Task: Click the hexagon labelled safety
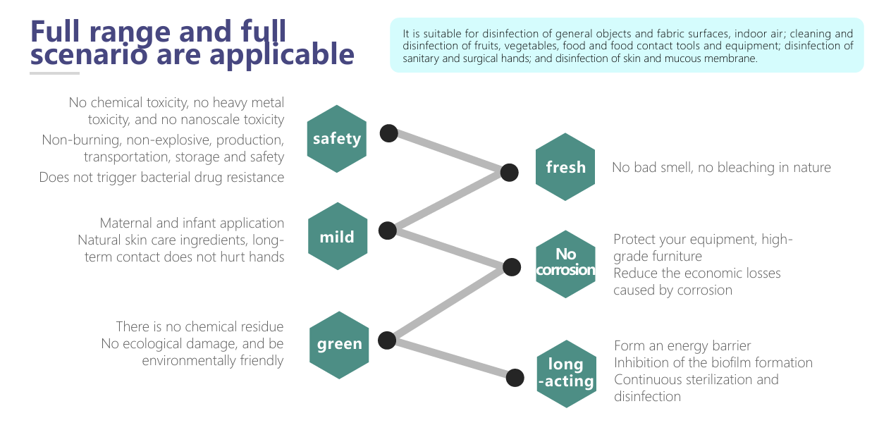(337, 139)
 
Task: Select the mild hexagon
(337, 237)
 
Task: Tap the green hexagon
(339, 345)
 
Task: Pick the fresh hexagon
(565, 167)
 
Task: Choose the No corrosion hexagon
(565, 262)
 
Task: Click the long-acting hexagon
(565, 373)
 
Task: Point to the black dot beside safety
(389, 133)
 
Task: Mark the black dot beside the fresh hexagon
(510, 172)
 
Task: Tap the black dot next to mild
(388, 230)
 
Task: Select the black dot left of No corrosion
(513, 266)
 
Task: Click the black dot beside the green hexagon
(387, 340)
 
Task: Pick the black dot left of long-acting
(515, 378)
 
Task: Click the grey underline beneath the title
(55, 73)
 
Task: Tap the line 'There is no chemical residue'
(199, 327)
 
